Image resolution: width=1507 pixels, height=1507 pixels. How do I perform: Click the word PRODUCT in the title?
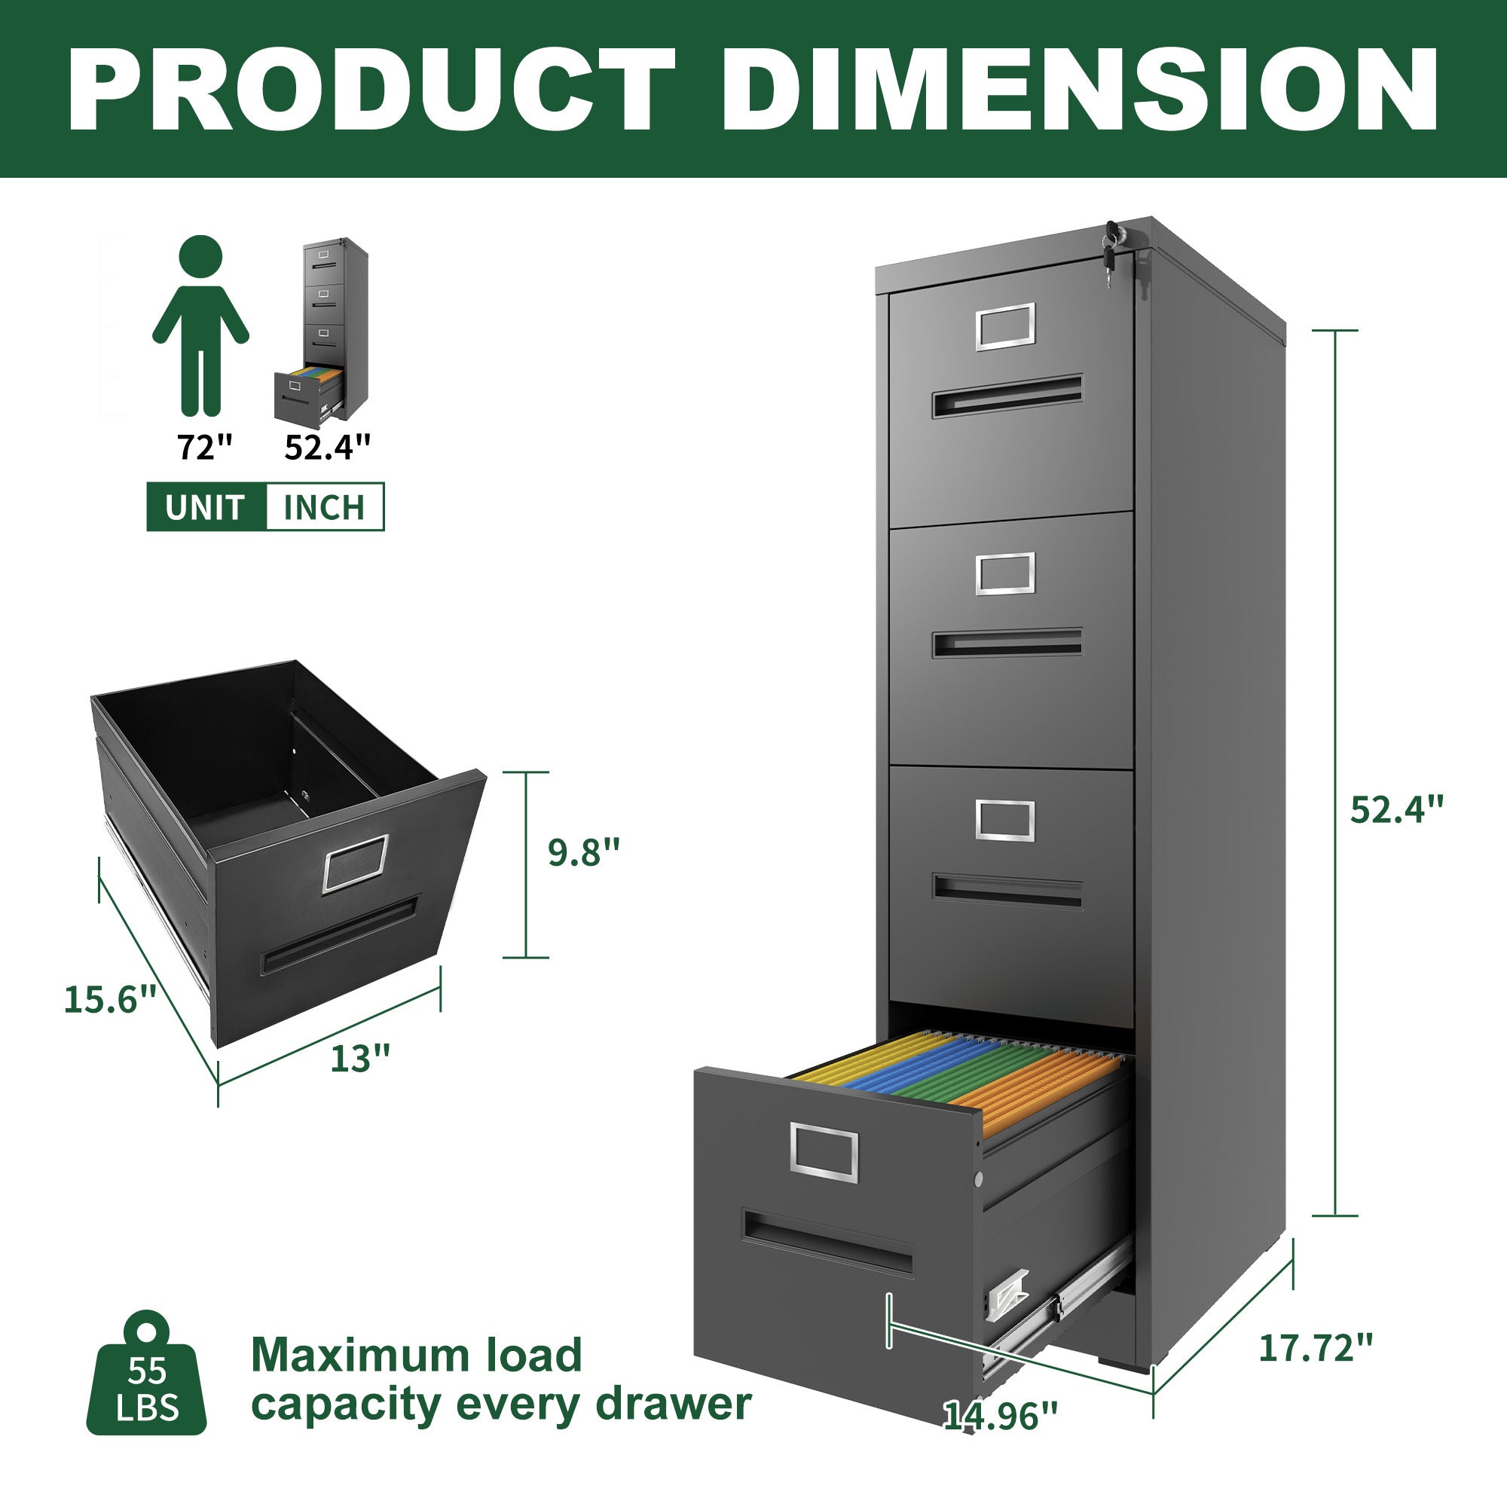tap(372, 90)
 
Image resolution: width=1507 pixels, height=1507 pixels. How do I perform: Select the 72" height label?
tap(205, 448)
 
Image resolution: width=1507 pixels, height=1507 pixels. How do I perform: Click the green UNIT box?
tap(206, 508)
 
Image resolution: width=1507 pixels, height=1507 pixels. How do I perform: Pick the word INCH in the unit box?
tap(324, 508)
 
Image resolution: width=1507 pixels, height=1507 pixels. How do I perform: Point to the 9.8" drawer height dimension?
tap(583, 852)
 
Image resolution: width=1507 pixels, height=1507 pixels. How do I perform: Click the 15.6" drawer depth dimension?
tap(111, 999)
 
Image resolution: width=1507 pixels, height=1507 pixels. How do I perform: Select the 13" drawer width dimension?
tap(359, 1059)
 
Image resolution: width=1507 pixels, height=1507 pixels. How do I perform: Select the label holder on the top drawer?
tap(1004, 326)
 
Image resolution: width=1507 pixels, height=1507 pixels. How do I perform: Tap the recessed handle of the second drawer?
tap(1007, 643)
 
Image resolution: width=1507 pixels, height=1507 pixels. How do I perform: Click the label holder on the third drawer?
tap(1004, 821)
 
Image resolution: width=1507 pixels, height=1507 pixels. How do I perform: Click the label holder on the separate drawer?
tap(356, 864)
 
